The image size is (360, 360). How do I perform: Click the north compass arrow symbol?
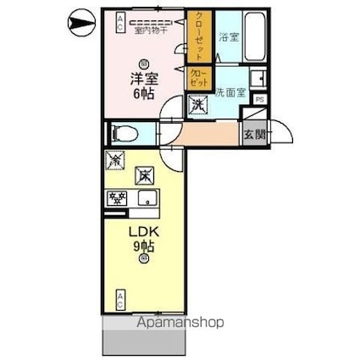point(79,22)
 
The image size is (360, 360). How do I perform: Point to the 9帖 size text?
point(142,246)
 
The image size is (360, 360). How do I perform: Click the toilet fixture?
point(121,133)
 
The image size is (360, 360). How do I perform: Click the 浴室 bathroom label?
point(227,37)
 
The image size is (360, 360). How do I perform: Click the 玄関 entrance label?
point(253,133)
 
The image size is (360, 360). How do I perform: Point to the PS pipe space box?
point(258,100)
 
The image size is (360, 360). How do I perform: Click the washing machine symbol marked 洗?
point(197,106)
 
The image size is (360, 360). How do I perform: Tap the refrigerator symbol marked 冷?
point(116,158)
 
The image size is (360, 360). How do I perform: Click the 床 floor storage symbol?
point(146,174)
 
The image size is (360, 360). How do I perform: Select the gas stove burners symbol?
point(114,199)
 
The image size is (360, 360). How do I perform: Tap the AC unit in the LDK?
point(120,299)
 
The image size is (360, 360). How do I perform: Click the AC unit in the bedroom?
point(120,22)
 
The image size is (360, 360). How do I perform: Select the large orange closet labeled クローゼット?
point(199,37)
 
